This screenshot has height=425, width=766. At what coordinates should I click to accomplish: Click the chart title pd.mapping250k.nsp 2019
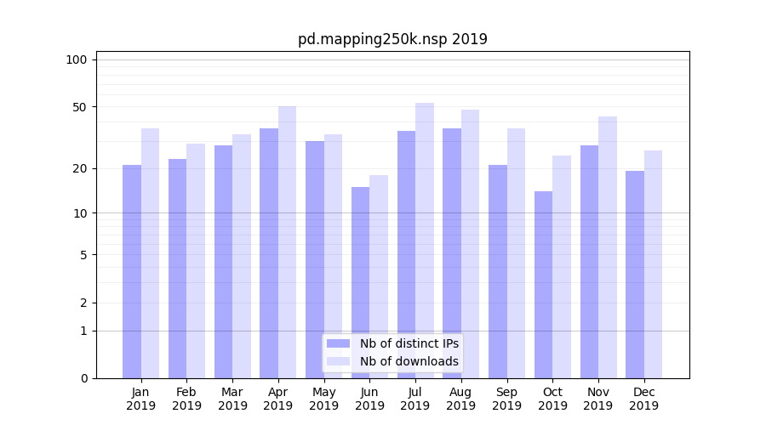(x=392, y=39)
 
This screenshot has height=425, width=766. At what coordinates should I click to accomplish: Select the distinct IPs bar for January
(x=132, y=271)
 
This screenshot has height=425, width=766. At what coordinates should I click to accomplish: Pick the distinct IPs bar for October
(x=544, y=285)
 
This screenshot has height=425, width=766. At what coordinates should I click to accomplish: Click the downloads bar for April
(x=288, y=242)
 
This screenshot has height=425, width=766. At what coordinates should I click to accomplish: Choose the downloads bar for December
(x=654, y=264)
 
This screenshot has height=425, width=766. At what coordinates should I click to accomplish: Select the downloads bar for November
(x=608, y=247)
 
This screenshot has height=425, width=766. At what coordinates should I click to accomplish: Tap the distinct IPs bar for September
(x=498, y=271)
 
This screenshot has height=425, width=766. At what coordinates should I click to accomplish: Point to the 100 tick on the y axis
(x=77, y=59)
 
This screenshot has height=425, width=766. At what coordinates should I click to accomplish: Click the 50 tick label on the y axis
(x=79, y=107)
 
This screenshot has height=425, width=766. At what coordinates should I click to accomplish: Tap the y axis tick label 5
(x=83, y=254)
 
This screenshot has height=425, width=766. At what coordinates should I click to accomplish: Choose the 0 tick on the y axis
(x=83, y=378)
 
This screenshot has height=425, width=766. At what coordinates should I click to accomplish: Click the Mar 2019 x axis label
(x=232, y=399)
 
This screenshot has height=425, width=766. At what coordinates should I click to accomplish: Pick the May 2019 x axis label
(x=324, y=399)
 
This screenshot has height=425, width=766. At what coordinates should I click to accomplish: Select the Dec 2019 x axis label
(x=643, y=399)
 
